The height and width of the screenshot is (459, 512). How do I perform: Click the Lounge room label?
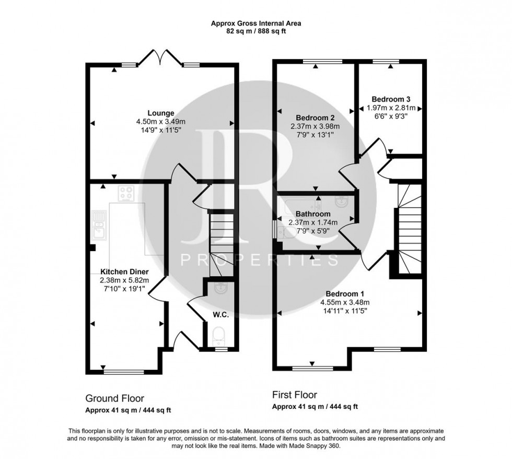[x=160, y=113]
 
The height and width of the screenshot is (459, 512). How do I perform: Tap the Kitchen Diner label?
[x=125, y=272]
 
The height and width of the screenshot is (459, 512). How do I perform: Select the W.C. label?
[x=219, y=315]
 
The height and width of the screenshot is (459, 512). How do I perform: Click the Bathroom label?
[x=313, y=214]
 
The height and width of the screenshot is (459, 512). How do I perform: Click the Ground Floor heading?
[x=114, y=398]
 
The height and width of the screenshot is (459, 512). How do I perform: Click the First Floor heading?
[x=295, y=395]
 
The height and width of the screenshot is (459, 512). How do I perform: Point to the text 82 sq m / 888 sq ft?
[x=256, y=31]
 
